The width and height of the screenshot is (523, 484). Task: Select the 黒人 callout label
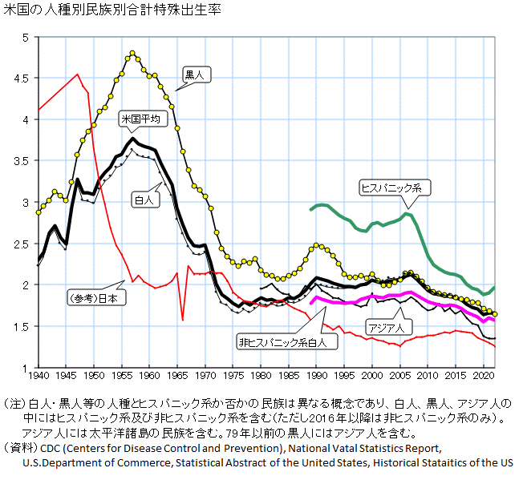(197, 75)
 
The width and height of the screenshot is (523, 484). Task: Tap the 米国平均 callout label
(140, 119)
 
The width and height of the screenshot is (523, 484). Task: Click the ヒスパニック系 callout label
(396, 188)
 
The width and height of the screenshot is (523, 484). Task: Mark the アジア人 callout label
(389, 327)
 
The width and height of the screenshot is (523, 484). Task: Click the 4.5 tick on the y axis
(22, 79)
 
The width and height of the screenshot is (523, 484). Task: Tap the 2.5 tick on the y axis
(22, 244)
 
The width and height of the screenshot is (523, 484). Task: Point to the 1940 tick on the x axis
(38, 374)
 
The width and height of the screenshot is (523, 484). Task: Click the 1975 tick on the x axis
(233, 374)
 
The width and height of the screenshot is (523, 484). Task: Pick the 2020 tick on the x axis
(483, 374)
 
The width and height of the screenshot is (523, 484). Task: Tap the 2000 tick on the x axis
(372, 374)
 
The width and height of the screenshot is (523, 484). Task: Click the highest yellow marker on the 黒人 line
(132, 54)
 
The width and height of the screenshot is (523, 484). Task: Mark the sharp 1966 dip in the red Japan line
(183, 321)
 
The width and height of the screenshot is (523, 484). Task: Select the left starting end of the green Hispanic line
(311, 209)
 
